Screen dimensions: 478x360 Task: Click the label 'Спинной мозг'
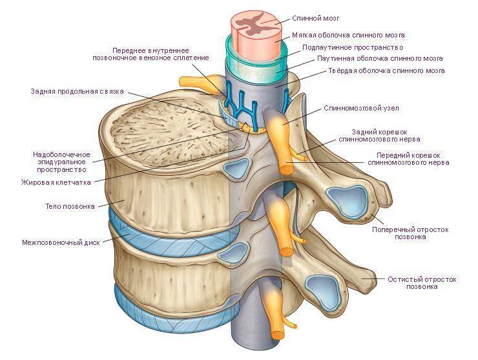point(316,18)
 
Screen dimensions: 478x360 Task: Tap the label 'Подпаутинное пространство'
point(353,47)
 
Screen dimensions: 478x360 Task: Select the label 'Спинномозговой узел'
point(361,108)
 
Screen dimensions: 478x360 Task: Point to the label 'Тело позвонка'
point(70,206)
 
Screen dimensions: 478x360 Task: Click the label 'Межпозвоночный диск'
point(61,243)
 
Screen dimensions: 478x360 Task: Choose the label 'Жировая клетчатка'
point(56,182)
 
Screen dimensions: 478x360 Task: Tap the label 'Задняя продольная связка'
point(77,91)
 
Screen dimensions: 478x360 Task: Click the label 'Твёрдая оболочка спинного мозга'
point(386,71)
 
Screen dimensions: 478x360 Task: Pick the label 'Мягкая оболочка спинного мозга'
point(348,35)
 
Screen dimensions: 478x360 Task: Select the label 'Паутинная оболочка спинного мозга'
point(380,58)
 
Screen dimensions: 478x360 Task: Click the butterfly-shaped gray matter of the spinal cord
point(255,24)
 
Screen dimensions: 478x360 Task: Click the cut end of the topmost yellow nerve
point(287,169)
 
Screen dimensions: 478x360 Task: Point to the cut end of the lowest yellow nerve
point(278,334)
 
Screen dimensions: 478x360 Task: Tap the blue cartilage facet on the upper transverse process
point(347,202)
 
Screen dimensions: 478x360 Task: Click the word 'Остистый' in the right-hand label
point(404,279)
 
